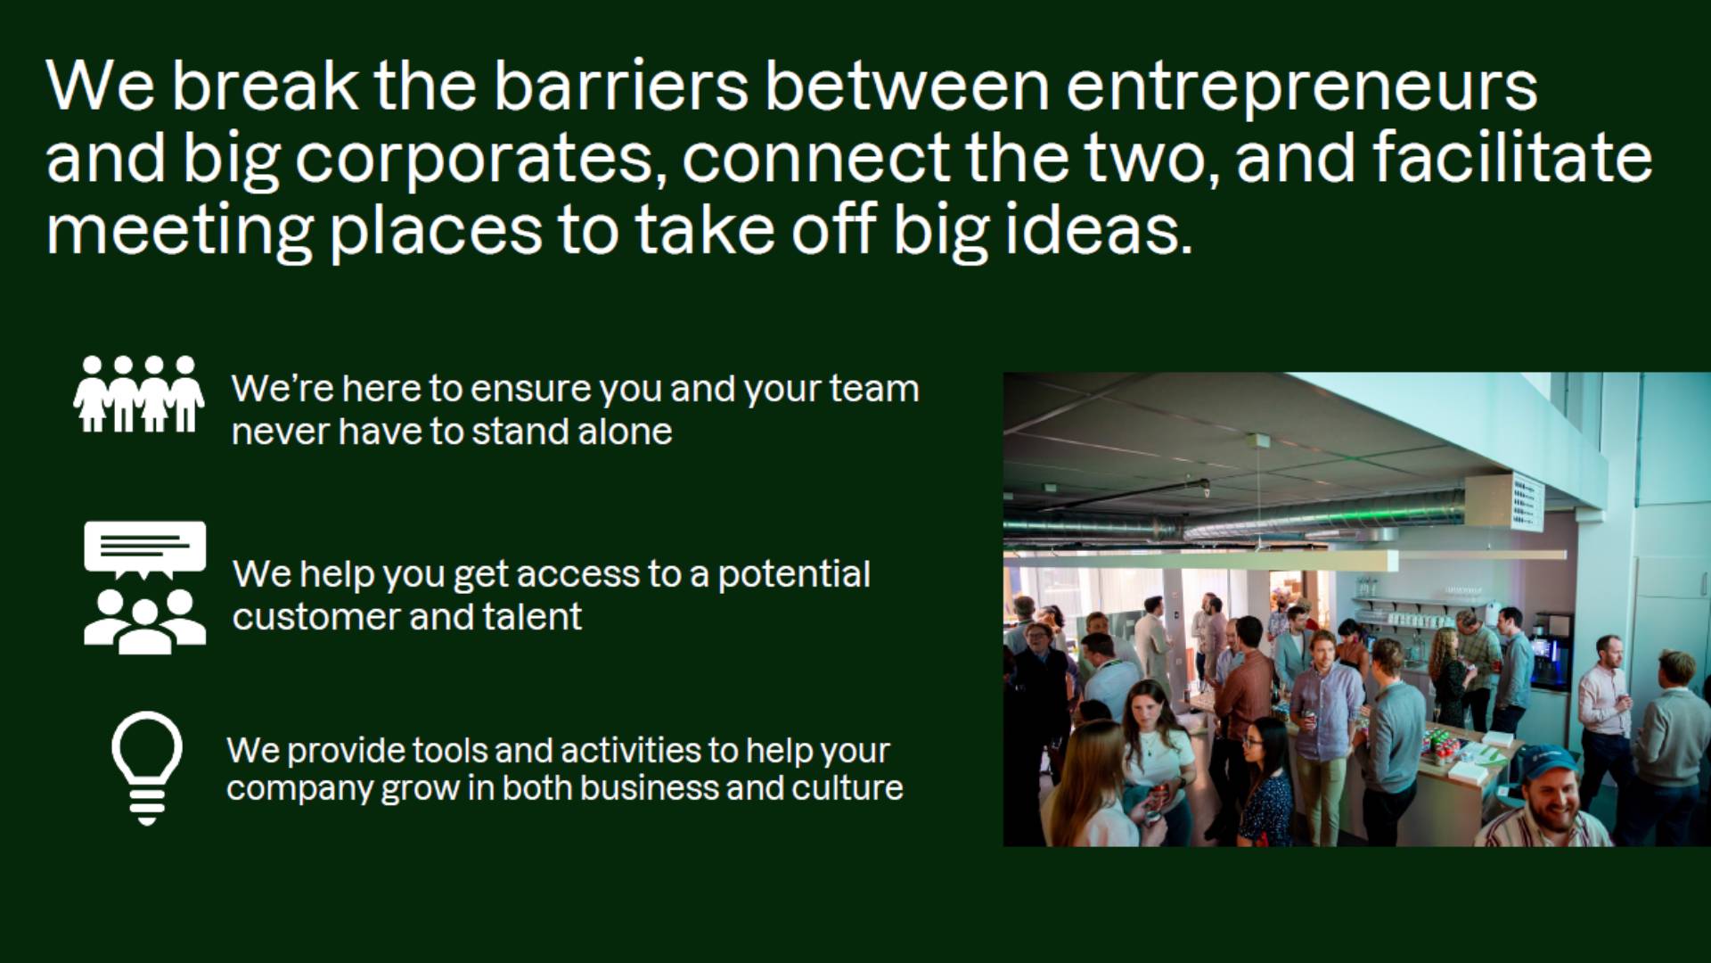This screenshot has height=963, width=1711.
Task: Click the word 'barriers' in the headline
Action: [620, 86]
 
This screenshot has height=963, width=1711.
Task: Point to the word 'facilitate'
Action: [1512, 157]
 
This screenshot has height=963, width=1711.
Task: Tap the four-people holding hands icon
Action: [139, 394]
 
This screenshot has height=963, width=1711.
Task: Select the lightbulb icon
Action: [147, 768]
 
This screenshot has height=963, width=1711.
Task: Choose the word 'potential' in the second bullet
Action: [794, 576]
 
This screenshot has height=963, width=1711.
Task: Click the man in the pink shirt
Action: [1605, 704]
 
